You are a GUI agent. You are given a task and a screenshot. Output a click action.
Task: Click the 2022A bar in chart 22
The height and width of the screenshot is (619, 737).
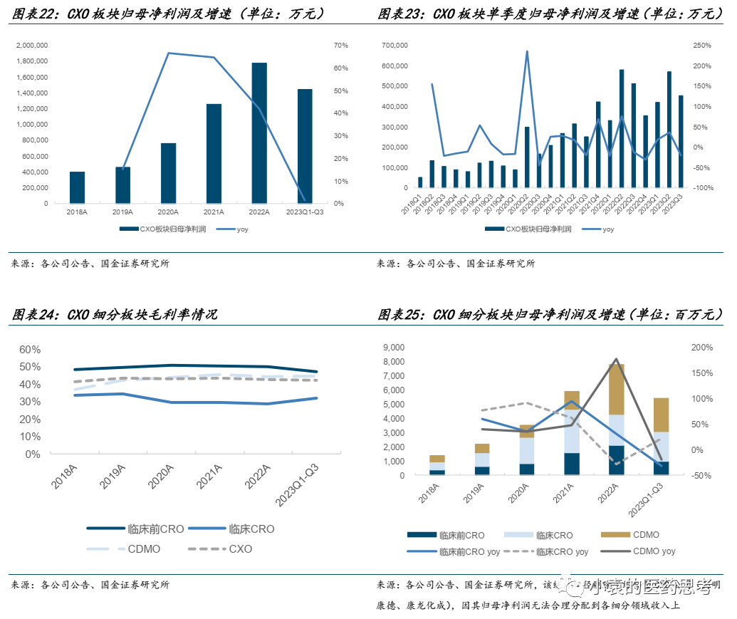click(x=259, y=133)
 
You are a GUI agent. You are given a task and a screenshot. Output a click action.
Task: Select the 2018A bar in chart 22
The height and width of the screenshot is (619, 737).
click(x=77, y=187)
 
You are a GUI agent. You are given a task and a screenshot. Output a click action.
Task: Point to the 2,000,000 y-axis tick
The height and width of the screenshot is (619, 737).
click(x=31, y=45)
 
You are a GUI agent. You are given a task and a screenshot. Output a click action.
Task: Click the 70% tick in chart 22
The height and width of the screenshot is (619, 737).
click(x=340, y=45)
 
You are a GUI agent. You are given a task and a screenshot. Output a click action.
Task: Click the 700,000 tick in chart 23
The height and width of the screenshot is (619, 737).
click(x=394, y=45)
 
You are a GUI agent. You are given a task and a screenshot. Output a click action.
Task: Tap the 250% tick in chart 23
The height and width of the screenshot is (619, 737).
click(x=704, y=45)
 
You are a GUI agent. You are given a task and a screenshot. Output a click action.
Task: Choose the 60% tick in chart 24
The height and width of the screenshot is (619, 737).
click(x=29, y=350)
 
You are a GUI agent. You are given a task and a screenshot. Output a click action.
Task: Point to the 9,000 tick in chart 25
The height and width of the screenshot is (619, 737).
click(x=394, y=348)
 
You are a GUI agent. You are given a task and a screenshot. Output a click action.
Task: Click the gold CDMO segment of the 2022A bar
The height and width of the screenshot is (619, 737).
click(x=616, y=389)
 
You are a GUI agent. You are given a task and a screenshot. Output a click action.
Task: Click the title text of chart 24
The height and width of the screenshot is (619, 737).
click(x=115, y=315)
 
